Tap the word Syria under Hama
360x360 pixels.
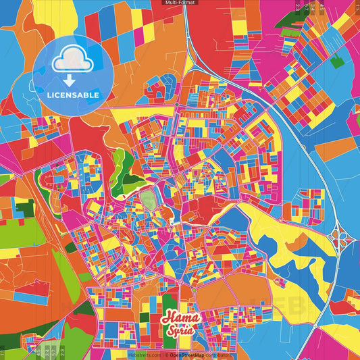point(179,331)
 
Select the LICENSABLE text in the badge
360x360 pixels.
point(73,95)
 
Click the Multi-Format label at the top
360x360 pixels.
point(180,3)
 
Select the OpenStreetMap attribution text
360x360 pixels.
point(195,354)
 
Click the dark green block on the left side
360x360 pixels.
point(25,209)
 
